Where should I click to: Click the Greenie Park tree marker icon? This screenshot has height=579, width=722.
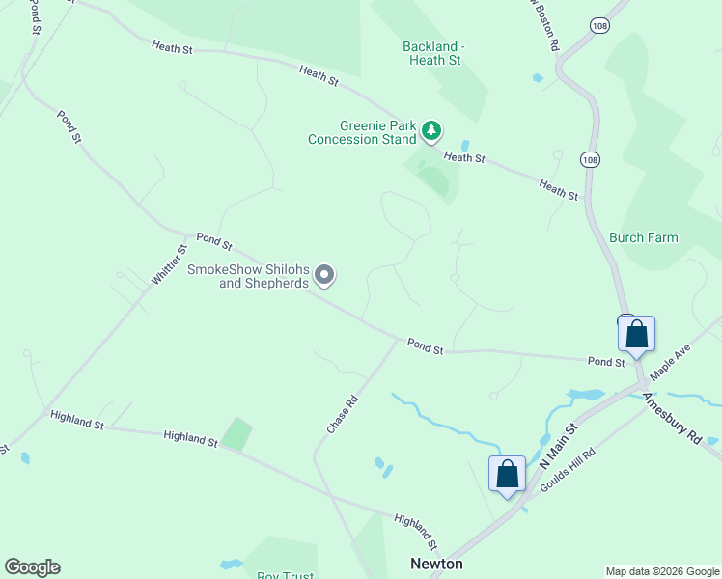point(431,130)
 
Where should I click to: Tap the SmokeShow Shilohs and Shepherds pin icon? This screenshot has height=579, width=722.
point(325,276)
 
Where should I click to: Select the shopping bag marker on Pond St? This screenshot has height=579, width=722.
point(636,335)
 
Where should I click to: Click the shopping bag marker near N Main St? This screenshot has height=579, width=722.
point(508,475)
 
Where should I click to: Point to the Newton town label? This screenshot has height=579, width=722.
point(436,564)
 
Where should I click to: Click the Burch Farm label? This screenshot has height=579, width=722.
point(643,237)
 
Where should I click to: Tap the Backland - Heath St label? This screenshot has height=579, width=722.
point(434,53)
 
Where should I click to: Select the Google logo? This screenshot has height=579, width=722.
point(32,567)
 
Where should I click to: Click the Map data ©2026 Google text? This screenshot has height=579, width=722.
point(662,571)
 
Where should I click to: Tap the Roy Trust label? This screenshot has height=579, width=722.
point(285,575)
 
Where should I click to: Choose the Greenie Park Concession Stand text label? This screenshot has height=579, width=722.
point(362,132)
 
